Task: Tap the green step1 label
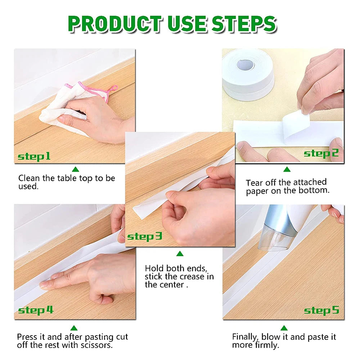[34, 157]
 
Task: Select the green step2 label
[321, 153]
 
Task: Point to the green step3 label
[145, 237]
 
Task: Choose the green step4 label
[36, 310]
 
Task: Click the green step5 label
[321, 310]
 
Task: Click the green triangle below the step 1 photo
[75, 169]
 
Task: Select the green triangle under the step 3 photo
[180, 254]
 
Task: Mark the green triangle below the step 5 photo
[284, 328]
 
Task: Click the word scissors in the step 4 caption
[97, 346]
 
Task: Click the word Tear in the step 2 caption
[254, 183]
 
